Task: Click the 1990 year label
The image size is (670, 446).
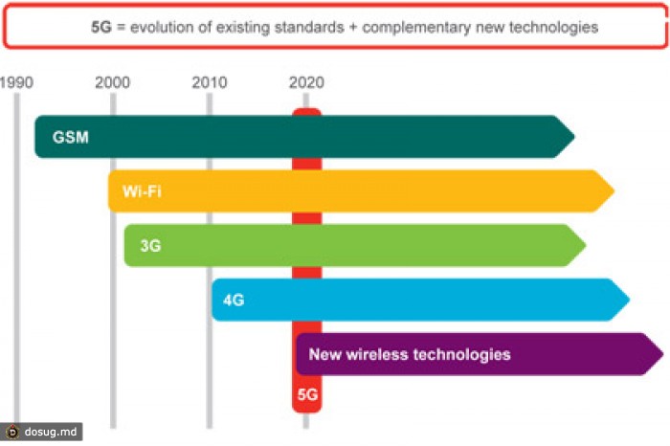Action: point(17,82)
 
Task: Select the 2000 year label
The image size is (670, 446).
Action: point(113,82)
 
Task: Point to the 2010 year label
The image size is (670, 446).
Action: point(210,82)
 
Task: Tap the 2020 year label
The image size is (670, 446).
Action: point(306,82)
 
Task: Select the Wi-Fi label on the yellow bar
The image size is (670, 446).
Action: point(142,191)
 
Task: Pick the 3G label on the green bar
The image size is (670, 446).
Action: point(150,246)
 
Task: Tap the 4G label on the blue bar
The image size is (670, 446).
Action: point(234,301)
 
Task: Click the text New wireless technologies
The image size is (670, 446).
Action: point(410,354)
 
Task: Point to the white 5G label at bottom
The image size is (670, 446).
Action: point(306,393)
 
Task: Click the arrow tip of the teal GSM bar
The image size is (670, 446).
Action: point(572,137)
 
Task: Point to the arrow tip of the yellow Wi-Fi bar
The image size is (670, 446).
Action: point(612,191)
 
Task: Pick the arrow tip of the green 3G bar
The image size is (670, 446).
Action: point(583,246)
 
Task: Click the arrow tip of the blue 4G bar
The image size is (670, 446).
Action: point(627,301)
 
